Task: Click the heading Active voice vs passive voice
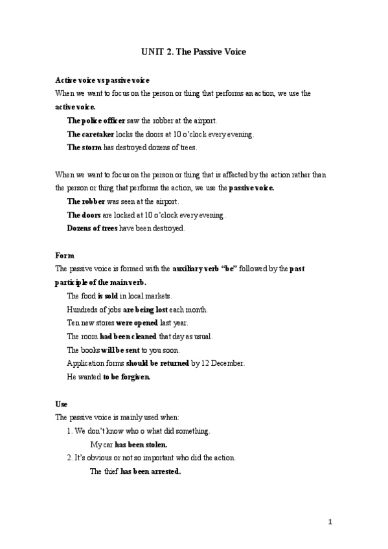coord(102,80)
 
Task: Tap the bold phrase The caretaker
coord(91,134)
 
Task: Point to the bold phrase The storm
coord(84,148)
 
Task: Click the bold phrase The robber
coord(86,201)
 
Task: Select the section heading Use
coord(62,403)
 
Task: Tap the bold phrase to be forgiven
coord(127,377)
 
